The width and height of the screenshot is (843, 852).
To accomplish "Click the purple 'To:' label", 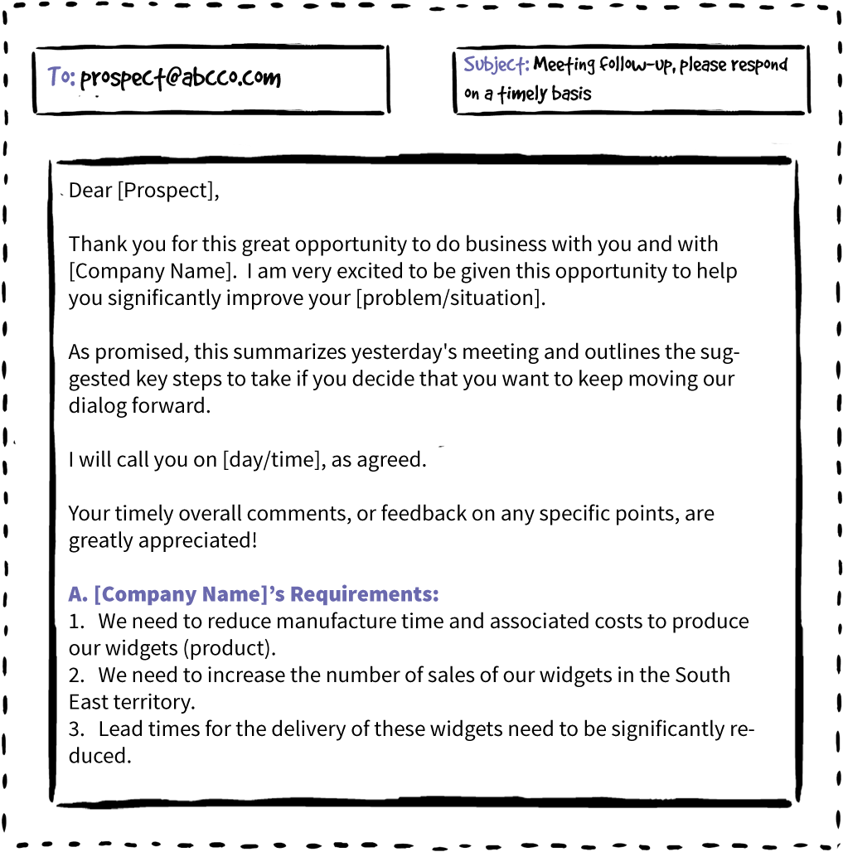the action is click(x=61, y=76).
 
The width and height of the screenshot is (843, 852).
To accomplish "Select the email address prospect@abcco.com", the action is click(x=181, y=79).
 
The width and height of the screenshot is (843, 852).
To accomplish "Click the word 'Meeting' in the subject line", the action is click(x=564, y=65).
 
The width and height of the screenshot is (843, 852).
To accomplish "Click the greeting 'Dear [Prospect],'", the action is click(x=144, y=191).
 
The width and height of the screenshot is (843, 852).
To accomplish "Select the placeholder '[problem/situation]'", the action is click(x=451, y=298).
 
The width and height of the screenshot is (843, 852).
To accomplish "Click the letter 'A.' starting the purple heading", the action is click(x=78, y=594).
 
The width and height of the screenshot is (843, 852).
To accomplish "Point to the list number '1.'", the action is click(x=76, y=621).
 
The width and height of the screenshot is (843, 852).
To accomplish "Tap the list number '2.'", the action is click(x=76, y=675).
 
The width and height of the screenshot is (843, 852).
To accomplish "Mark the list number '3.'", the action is click(x=76, y=729).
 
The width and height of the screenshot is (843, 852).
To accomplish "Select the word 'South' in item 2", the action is click(x=703, y=675).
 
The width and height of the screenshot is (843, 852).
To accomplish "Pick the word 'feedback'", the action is click(x=424, y=514).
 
